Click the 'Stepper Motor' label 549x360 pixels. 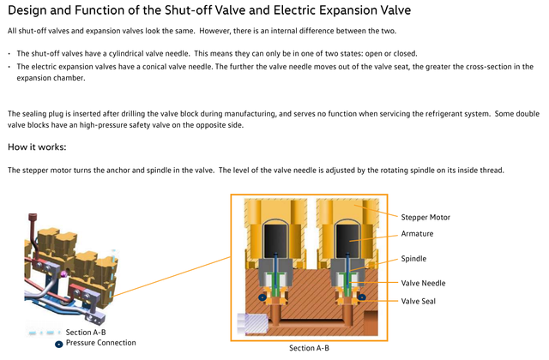[x=425, y=217]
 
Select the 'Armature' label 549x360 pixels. [x=417, y=234]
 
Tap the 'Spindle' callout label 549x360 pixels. [x=413, y=259]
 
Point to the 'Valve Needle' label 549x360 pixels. [x=423, y=283]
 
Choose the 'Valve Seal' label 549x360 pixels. [x=418, y=301]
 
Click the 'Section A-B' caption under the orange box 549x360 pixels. [x=309, y=348]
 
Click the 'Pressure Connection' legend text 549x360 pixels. [x=101, y=343]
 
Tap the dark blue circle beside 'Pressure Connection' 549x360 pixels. [x=59, y=345]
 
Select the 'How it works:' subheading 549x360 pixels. [x=37, y=147]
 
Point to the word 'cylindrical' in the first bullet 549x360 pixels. [x=127, y=53]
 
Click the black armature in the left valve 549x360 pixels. [x=275, y=242]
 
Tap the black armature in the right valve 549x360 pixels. [x=347, y=242]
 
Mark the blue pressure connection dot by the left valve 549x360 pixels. [x=262, y=297]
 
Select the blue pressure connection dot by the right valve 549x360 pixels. [x=362, y=297]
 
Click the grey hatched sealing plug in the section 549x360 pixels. [x=253, y=324]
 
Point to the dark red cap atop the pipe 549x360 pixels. [x=33, y=217]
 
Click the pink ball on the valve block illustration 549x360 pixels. [x=64, y=274]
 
